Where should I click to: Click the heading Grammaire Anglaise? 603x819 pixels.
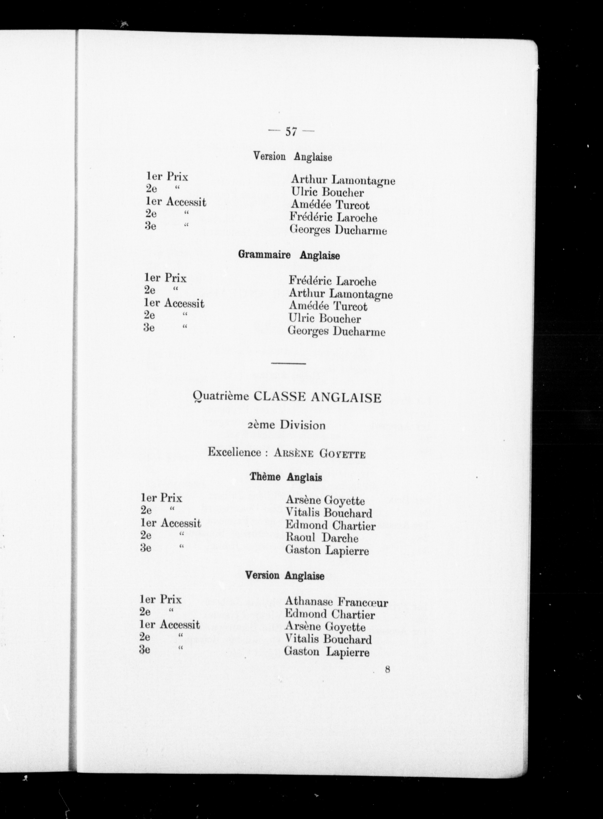point(289,255)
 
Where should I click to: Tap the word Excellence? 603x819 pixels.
point(234,453)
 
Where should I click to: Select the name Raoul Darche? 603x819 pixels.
point(322,538)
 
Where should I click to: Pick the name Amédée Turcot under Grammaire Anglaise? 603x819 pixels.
point(328,306)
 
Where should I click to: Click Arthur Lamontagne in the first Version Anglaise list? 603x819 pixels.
point(343,180)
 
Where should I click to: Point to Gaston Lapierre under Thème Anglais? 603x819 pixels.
point(327,550)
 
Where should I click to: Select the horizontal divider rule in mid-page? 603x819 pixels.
point(288,364)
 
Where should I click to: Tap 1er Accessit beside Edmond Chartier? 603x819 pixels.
point(170,523)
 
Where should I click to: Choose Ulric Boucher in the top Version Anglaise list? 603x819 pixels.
point(327,192)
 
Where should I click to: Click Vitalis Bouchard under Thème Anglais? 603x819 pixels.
point(329,513)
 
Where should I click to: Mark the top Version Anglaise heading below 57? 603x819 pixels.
point(293,157)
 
